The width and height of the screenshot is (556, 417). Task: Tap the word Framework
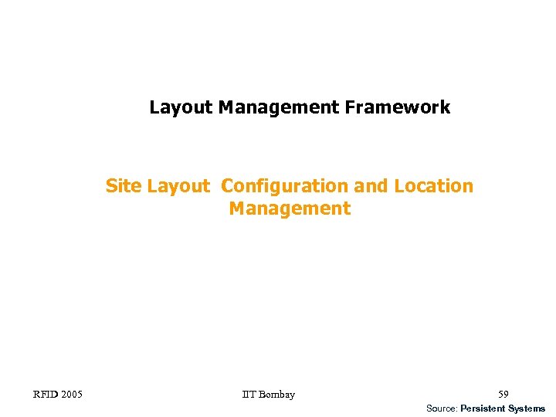click(398, 107)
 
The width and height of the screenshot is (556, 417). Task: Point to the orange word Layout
click(178, 186)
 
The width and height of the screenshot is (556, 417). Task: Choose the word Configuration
click(285, 186)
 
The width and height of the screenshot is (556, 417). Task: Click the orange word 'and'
click(371, 186)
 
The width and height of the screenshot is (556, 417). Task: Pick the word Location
click(433, 186)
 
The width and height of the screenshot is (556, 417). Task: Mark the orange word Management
click(290, 208)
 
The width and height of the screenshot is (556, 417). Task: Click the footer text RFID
click(46, 395)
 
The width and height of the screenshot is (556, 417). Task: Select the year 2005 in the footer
click(73, 395)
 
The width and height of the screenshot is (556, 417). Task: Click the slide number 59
click(503, 395)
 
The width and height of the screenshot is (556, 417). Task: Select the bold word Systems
click(527, 408)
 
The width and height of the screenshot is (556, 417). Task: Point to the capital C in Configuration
click(227, 186)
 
